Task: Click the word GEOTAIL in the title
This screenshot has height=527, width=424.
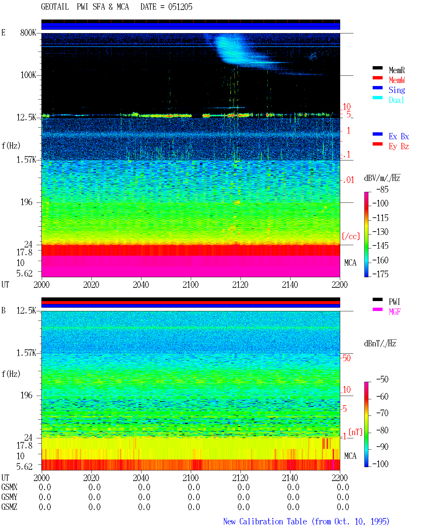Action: click(x=55, y=7)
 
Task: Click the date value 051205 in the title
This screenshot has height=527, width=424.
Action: click(x=180, y=7)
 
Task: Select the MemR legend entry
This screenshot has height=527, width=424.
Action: click(x=397, y=70)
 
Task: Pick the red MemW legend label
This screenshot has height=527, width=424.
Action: click(x=397, y=80)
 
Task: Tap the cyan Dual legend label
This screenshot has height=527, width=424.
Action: click(x=396, y=100)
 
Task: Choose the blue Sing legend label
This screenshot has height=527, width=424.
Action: click(x=397, y=90)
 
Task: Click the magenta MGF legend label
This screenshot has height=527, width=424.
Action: click(x=395, y=312)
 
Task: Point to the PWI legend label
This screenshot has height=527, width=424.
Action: click(x=394, y=302)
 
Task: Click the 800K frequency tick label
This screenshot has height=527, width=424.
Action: click(x=28, y=32)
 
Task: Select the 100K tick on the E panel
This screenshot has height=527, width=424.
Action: click(x=28, y=75)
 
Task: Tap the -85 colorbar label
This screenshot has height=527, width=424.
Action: click(x=382, y=189)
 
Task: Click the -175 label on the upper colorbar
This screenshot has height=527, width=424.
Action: click(x=380, y=274)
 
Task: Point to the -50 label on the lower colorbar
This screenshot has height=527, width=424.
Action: click(x=382, y=379)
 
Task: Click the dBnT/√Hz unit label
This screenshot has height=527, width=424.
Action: click(x=380, y=343)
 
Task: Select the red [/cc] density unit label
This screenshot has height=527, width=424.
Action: click(x=351, y=236)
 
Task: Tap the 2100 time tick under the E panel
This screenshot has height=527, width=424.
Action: click(x=190, y=285)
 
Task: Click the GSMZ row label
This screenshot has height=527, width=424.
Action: click(x=9, y=507)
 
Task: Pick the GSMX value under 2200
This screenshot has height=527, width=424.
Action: click(x=343, y=487)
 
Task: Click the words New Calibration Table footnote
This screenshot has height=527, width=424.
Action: click(x=265, y=521)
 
